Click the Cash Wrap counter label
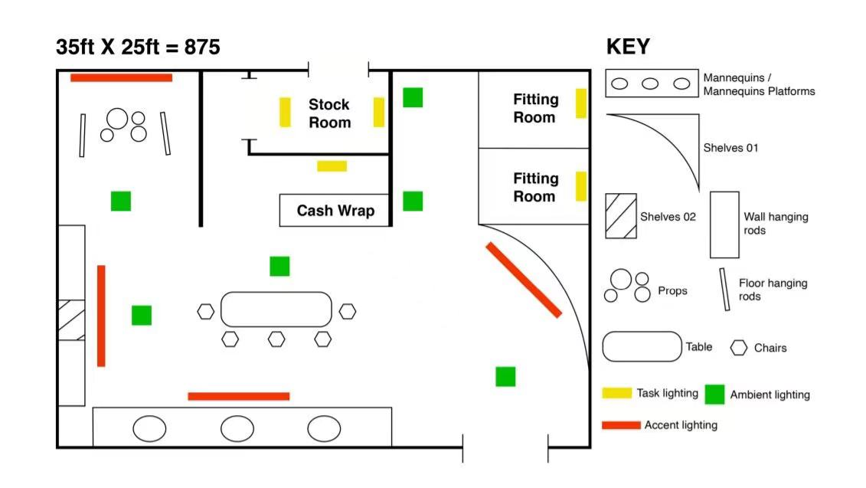click(x=335, y=211)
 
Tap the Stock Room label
click(x=329, y=113)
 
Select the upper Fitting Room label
click(x=535, y=108)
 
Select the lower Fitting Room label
click(x=535, y=188)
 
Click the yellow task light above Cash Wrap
click(x=332, y=165)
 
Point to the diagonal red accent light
click(x=524, y=280)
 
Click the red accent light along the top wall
click(x=122, y=78)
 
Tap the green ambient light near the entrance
click(x=505, y=377)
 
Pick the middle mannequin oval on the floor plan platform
click(x=237, y=429)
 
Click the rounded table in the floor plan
click(x=276, y=310)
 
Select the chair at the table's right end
click(x=348, y=312)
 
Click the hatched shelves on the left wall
click(x=72, y=320)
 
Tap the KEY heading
click(x=628, y=47)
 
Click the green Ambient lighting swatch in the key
click(x=714, y=394)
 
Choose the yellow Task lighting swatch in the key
click(x=617, y=393)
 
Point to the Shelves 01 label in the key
click(x=730, y=148)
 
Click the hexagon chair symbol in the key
click(x=739, y=348)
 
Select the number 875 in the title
click(x=202, y=47)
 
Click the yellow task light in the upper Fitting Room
click(x=581, y=103)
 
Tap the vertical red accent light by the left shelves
click(x=101, y=316)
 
